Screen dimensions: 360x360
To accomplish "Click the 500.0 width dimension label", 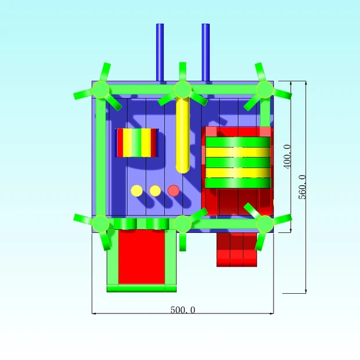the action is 183,310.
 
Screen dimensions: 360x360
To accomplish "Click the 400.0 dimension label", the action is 287,157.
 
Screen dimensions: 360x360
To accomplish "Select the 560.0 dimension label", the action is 303,187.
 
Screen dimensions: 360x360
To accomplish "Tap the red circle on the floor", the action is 174,191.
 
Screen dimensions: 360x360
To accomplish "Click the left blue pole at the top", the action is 160,52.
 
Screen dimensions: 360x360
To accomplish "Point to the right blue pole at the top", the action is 206,52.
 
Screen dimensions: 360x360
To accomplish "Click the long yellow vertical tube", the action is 183,135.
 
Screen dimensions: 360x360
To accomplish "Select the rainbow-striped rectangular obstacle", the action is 137,143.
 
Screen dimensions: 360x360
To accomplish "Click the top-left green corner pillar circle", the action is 100,89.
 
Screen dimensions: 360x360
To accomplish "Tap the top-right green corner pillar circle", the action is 265,89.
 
